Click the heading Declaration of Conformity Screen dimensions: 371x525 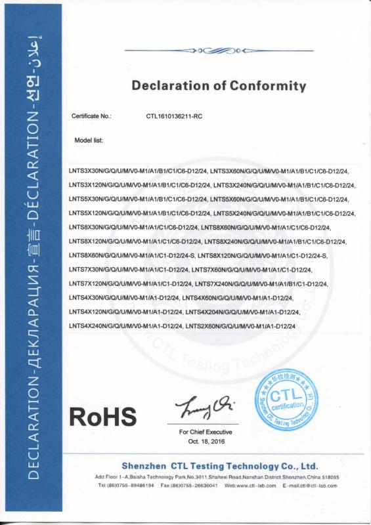tap(219, 86)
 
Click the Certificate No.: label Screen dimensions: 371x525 tap(91, 116)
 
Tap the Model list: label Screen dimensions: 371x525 tap(89, 140)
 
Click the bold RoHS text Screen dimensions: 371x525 tap(103, 417)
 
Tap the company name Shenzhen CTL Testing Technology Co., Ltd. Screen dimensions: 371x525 tap(220, 465)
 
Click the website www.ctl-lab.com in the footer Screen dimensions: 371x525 tap(259, 486)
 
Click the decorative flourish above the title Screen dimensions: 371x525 tap(219, 49)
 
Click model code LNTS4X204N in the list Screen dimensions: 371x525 tap(207, 312)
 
